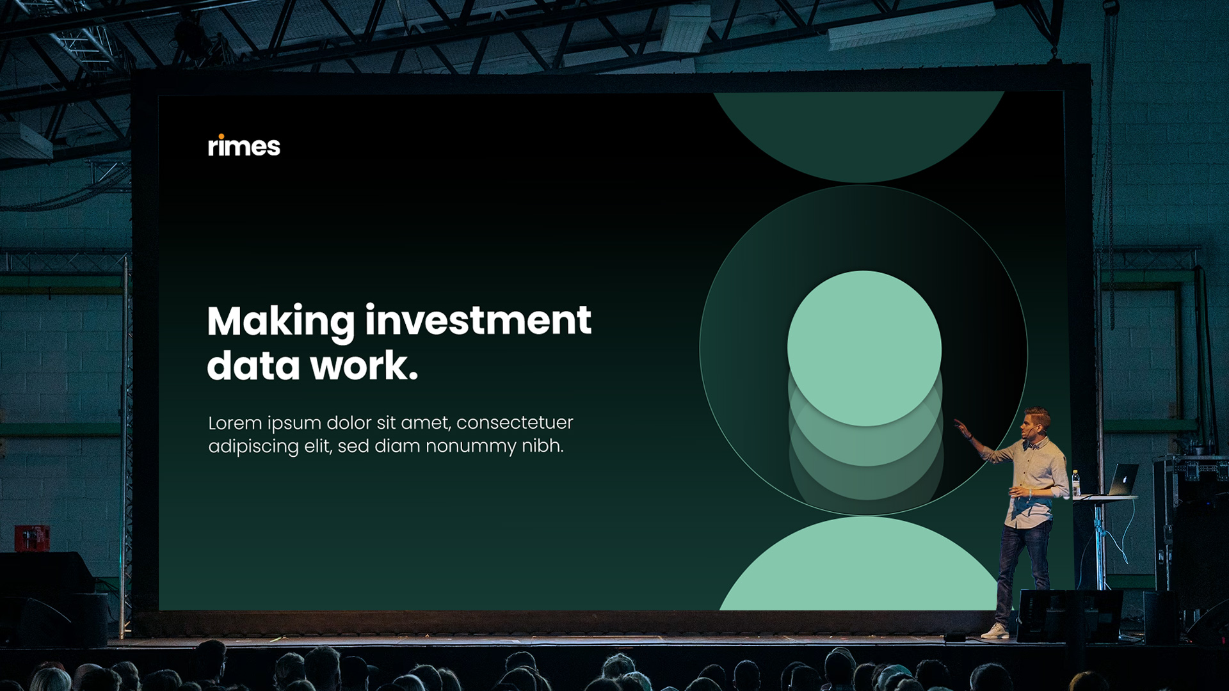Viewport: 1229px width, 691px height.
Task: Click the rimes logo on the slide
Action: click(244, 146)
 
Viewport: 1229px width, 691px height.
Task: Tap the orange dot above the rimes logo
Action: click(220, 136)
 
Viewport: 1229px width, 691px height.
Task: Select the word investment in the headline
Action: click(478, 321)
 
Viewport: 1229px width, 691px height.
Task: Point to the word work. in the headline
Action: click(364, 366)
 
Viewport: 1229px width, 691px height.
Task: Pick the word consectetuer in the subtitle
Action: click(515, 423)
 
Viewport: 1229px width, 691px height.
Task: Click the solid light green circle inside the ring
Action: click(864, 348)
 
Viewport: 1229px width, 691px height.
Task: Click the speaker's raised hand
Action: click(961, 427)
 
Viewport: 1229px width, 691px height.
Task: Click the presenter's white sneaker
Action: click(995, 631)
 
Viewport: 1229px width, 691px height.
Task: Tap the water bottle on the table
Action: click(1076, 484)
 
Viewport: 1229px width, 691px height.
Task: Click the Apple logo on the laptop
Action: click(1125, 479)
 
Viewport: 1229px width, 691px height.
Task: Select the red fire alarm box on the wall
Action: click(32, 537)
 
